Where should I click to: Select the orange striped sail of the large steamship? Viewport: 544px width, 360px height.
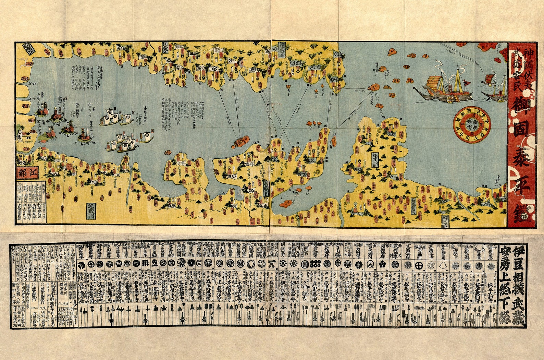[433, 83]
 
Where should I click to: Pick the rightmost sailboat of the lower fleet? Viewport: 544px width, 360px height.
[147, 137]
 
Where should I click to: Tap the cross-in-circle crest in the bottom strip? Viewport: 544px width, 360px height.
[419, 265]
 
